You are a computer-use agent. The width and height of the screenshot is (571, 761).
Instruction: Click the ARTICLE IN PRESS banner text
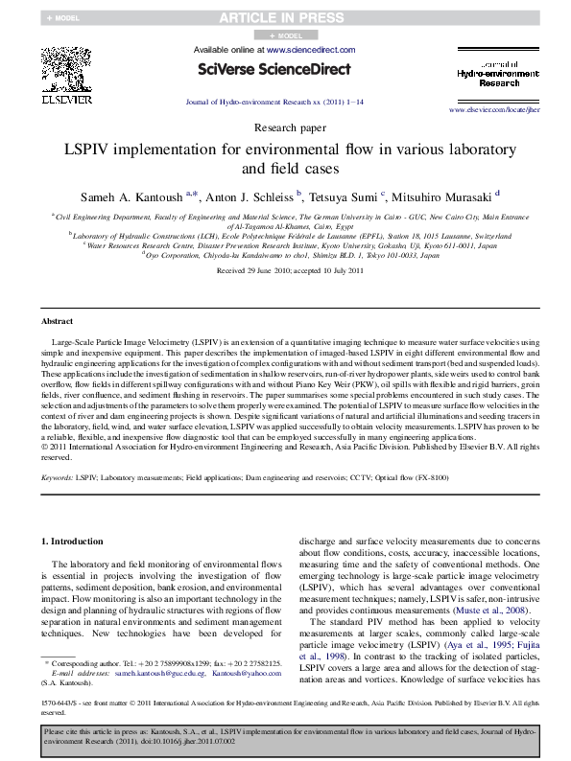pyautogui.click(x=284, y=17)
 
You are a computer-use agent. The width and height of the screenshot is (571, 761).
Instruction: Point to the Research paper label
pyautogui.click(x=284, y=127)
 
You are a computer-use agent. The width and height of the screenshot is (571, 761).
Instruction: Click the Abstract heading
pyautogui.click(x=58, y=321)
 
